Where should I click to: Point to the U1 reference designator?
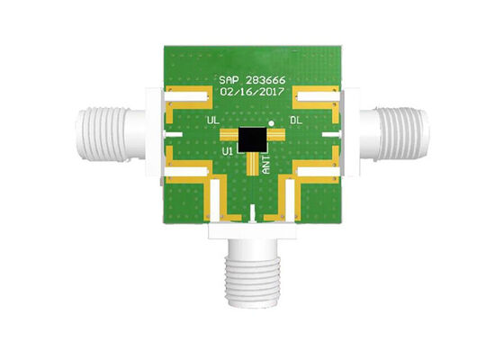229,153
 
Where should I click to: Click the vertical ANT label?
265,162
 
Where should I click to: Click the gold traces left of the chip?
229,136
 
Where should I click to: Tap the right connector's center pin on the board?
330,135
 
